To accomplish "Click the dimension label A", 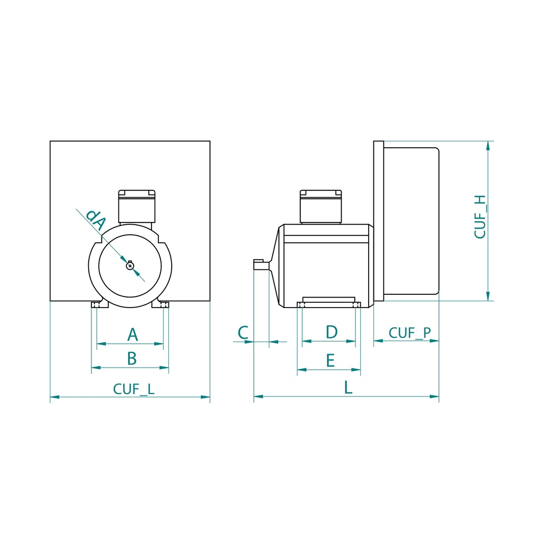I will pyautogui.click(x=133, y=335).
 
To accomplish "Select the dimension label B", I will pyautogui.click(x=132, y=359).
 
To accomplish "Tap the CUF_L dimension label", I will pyautogui.click(x=134, y=389).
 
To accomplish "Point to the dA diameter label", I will pyautogui.click(x=96, y=220).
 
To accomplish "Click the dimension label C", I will pyautogui.click(x=243, y=333).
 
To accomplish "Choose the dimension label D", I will pyautogui.click(x=331, y=332).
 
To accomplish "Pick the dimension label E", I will pyautogui.click(x=330, y=361).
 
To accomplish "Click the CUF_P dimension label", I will pyautogui.click(x=410, y=333).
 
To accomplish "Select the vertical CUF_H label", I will pyautogui.click(x=480, y=217).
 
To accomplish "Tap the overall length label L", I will pyautogui.click(x=348, y=387).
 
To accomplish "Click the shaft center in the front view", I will pyautogui.click(x=130, y=266).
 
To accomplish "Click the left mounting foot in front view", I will pyautogui.click(x=97, y=305).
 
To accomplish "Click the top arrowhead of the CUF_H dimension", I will pyautogui.click(x=488, y=146).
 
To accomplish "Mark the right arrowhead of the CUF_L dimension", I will pyautogui.click(x=206, y=396).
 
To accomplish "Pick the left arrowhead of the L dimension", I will pyautogui.click(x=258, y=396).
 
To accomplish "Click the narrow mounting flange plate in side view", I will pyautogui.click(x=378, y=220).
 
